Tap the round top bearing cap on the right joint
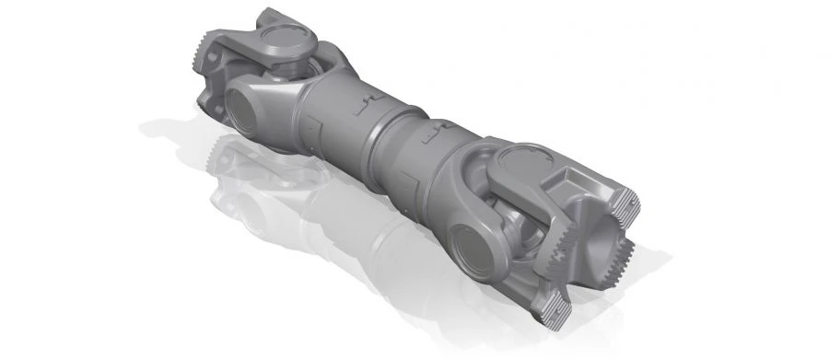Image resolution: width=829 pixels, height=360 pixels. point(520,165)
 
